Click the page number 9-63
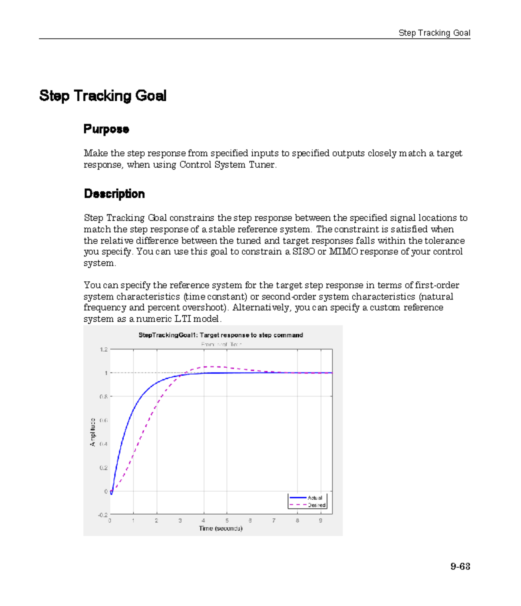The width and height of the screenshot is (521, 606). [460, 566]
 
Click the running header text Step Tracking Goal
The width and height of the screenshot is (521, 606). [434, 33]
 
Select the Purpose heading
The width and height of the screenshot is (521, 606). [106, 129]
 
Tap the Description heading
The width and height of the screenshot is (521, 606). [114, 194]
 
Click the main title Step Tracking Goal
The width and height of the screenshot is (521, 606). [103, 96]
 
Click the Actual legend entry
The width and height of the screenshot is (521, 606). [314, 498]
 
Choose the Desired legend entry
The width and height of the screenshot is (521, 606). [316, 505]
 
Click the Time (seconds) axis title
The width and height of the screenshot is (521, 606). [221, 529]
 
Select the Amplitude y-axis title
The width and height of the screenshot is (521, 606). [92, 432]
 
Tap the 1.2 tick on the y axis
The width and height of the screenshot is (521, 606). [103, 350]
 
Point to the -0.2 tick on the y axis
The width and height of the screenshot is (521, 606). [102, 515]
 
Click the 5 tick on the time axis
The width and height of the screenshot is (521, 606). [227, 520]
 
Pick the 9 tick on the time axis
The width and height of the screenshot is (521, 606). [321, 520]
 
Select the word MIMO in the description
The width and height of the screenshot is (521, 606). [343, 252]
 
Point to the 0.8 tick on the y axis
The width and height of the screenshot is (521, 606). [103, 396]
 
